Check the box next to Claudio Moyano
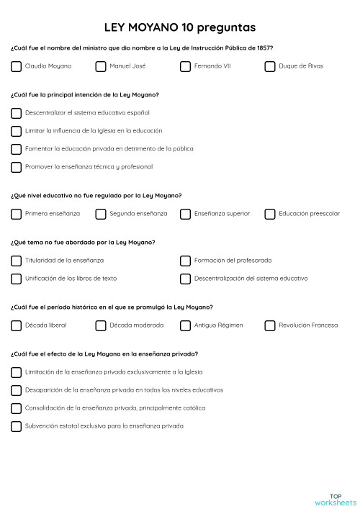tap(16, 66)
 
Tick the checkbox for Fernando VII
tap(185, 66)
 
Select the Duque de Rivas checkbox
tap(270, 66)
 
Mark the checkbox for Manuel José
tap(101, 66)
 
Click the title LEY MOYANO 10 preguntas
tap(179, 27)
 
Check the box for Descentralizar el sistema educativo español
tap(16, 113)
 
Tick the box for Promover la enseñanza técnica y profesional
tap(16, 167)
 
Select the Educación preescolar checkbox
tap(270, 214)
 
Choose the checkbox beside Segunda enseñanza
tap(101, 214)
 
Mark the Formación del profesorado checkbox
tap(185, 261)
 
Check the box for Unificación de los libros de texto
tap(16, 279)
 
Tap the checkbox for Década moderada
tap(101, 325)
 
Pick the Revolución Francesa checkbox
tap(270, 325)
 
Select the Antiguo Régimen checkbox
tap(185, 325)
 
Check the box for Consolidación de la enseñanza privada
tap(16, 408)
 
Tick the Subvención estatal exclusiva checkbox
tap(16, 426)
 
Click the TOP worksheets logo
tap(335, 499)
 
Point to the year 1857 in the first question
tap(264, 48)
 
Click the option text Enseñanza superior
tap(222, 214)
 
